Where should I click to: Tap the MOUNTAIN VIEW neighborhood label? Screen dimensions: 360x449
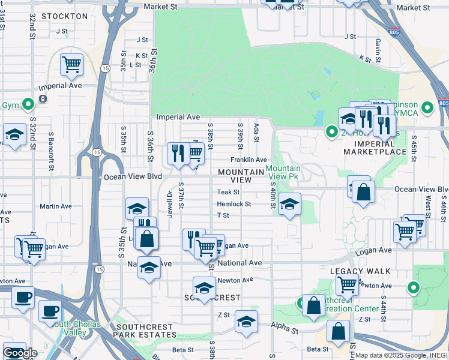tap(242, 176)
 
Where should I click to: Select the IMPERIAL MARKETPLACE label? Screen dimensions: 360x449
tap(375, 148)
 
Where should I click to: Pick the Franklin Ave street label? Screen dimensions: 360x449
tap(249, 160)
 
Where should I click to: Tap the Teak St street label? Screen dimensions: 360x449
tap(228, 192)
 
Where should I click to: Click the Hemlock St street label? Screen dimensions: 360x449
tap(234, 204)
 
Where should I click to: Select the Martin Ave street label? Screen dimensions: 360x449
tap(55, 206)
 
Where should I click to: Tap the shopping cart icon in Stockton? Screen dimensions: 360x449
tap(72, 64)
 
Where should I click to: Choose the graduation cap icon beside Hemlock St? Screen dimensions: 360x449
tap(289, 205)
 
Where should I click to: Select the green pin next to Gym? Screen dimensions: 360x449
tap(28, 105)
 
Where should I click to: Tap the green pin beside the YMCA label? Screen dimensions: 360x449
tap(427, 108)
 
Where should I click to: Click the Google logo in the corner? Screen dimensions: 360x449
tap(20, 353)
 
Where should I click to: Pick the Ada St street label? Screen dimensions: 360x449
tap(256, 134)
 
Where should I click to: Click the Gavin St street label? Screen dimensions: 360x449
tap(378, 49)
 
